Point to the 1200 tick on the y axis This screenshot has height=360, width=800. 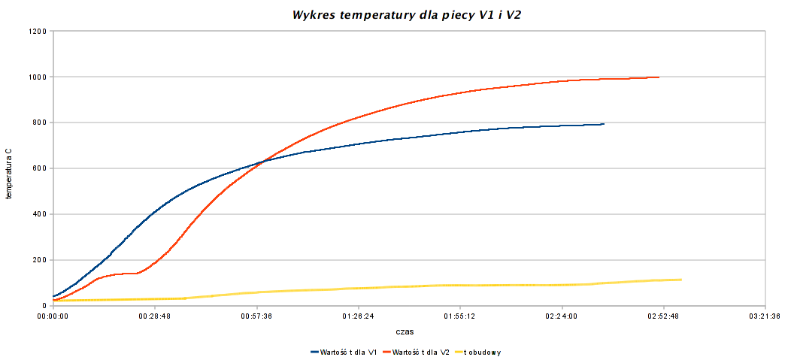[38, 32]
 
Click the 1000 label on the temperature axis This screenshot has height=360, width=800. [38, 77]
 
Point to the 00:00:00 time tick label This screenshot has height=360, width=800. [53, 316]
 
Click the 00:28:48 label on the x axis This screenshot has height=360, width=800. [155, 316]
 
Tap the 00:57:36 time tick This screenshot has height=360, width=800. [256, 316]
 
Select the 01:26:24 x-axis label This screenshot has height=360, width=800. [358, 316]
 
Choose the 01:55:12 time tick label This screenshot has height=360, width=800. [459, 316]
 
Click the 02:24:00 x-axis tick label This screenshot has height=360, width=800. [562, 316]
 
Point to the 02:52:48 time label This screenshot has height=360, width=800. [663, 316]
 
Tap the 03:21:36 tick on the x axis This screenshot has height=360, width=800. [765, 316]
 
